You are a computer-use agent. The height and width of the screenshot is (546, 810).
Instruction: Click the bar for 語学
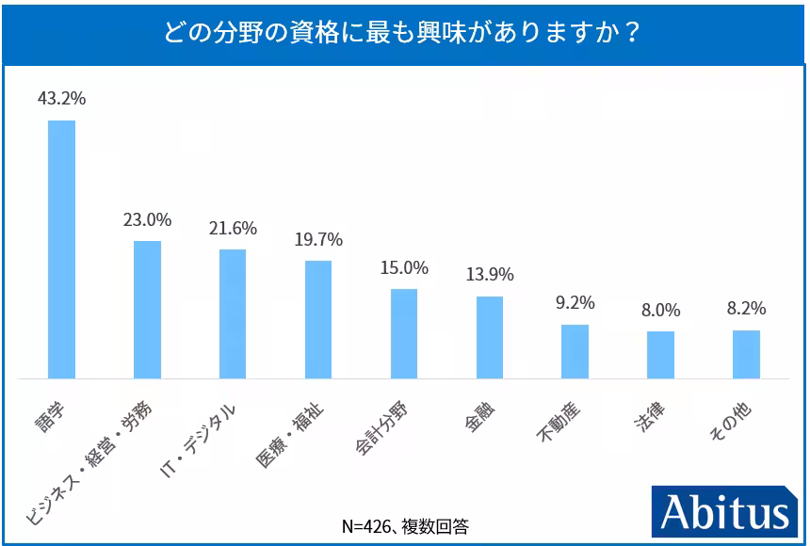61,249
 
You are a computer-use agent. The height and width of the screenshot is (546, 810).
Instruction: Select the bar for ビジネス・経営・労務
147,310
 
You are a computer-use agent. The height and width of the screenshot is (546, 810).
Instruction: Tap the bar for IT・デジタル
233,313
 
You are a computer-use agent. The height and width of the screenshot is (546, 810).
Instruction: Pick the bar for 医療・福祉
318,319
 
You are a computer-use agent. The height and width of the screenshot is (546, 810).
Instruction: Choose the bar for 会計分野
404,333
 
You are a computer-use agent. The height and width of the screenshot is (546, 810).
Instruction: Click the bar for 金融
490,337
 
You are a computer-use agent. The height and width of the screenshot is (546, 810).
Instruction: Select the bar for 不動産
575,351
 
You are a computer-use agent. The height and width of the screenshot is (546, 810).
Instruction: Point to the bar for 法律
660,355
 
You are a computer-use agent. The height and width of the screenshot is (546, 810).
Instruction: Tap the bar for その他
746,354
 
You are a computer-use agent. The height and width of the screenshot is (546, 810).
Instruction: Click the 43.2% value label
61,99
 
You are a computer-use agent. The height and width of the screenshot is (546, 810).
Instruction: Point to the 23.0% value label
147,219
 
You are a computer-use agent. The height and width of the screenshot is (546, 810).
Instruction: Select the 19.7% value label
318,239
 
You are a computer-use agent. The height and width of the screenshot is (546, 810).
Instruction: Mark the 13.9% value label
490,275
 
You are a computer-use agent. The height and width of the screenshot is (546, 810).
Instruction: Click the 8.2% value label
746,309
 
